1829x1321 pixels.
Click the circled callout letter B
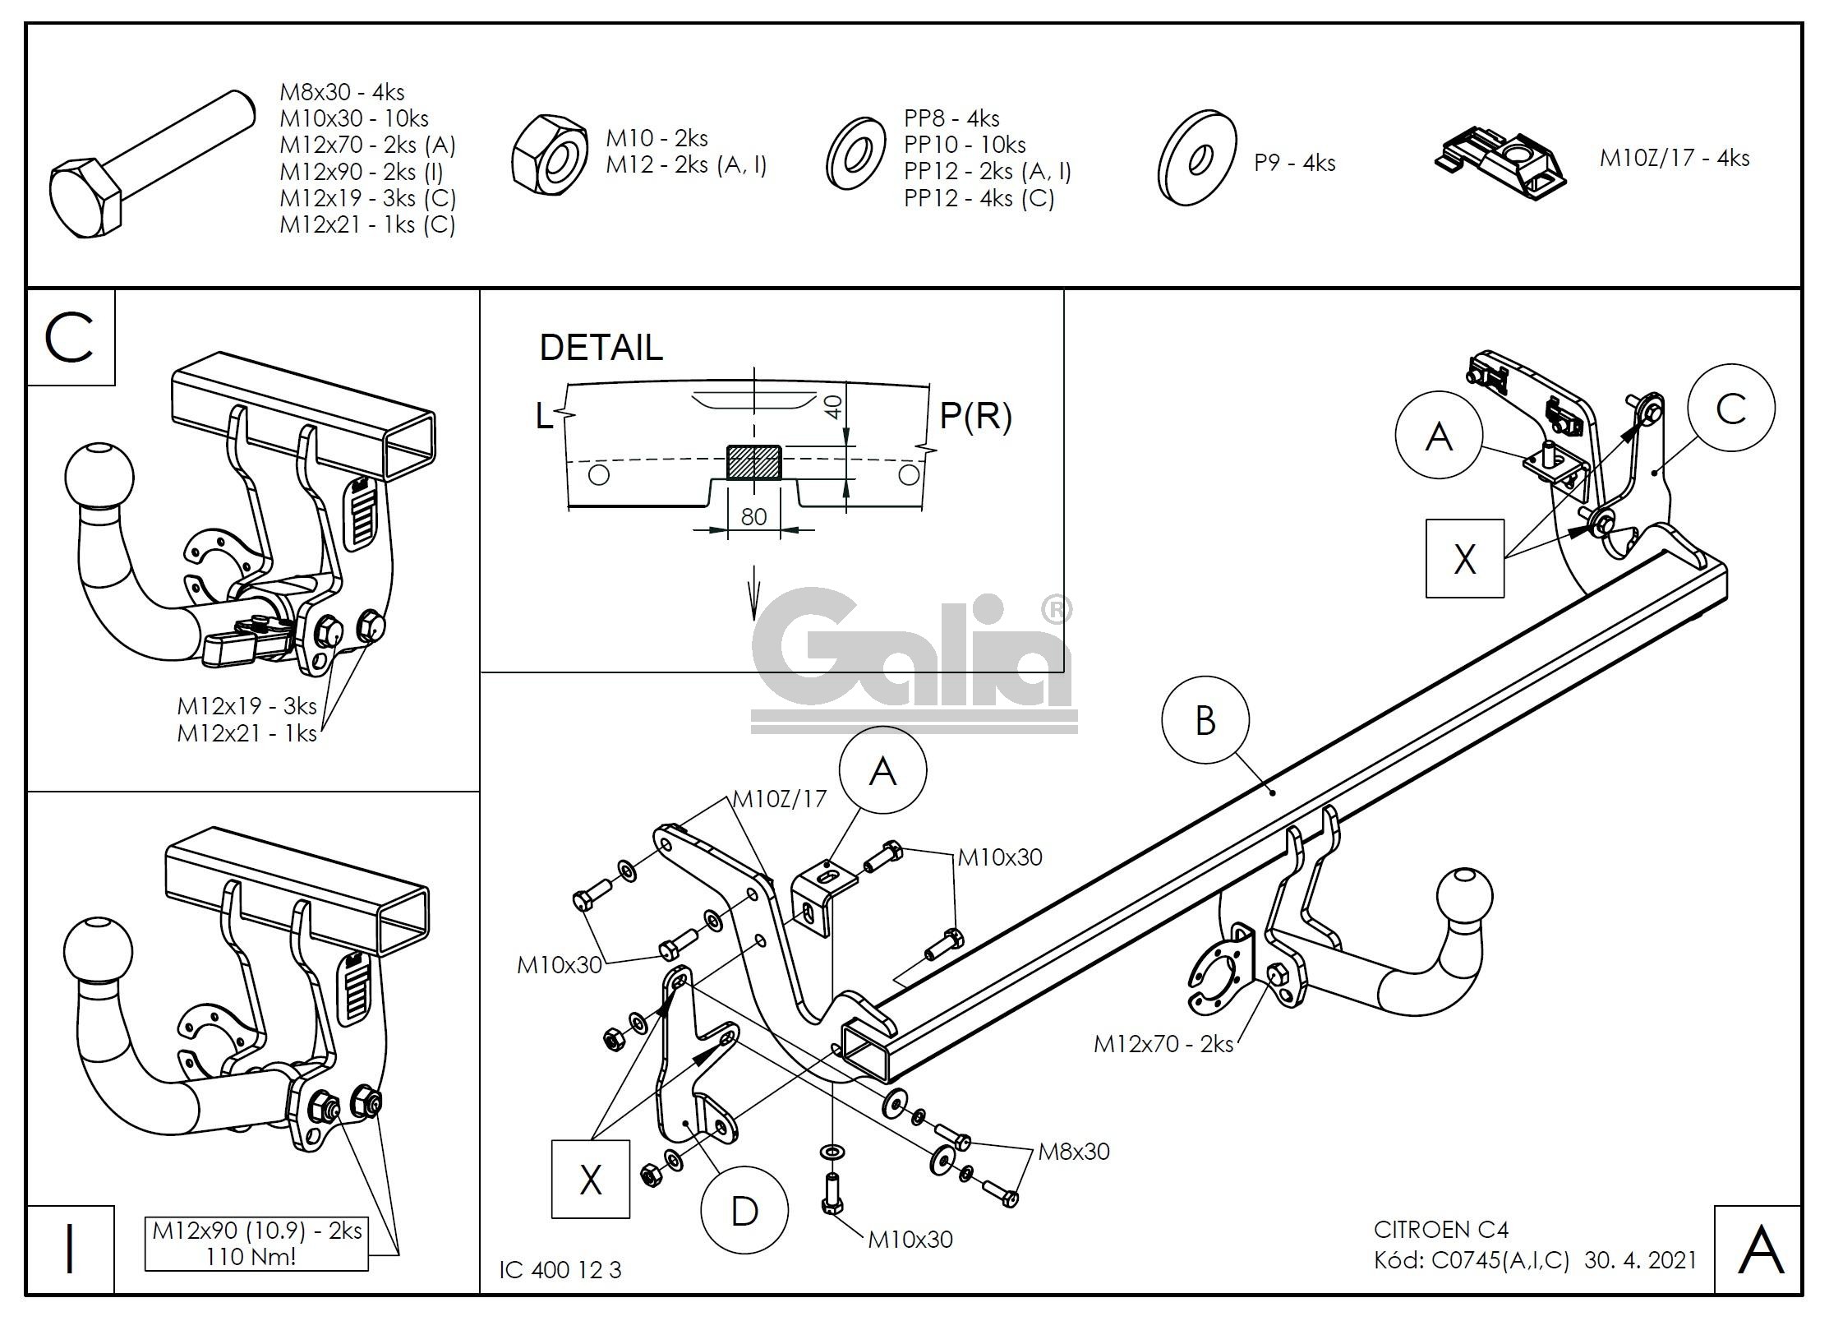(x=1205, y=721)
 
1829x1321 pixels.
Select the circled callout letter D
(x=744, y=1211)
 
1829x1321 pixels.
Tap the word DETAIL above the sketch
(x=601, y=348)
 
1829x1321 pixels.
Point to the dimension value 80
(x=753, y=516)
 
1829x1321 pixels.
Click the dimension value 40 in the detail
(x=833, y=407)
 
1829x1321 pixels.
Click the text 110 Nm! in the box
(x=257, y=1256)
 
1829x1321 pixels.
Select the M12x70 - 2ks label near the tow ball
(x=1163, y=1044)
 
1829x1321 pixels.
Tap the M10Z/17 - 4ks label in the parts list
(x=1674, y=158)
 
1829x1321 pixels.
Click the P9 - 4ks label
(x=1294, y=163)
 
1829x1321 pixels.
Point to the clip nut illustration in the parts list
(x=1500, y=163)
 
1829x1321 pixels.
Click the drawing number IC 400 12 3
(x=560, y=1270)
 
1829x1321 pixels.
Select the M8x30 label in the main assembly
(x=1073, y=1151)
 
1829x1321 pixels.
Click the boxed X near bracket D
(x=590, y=1180)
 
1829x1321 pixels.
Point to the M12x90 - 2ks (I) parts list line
(x=361, y=171)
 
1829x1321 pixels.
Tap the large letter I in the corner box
(x=70, y=1249)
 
